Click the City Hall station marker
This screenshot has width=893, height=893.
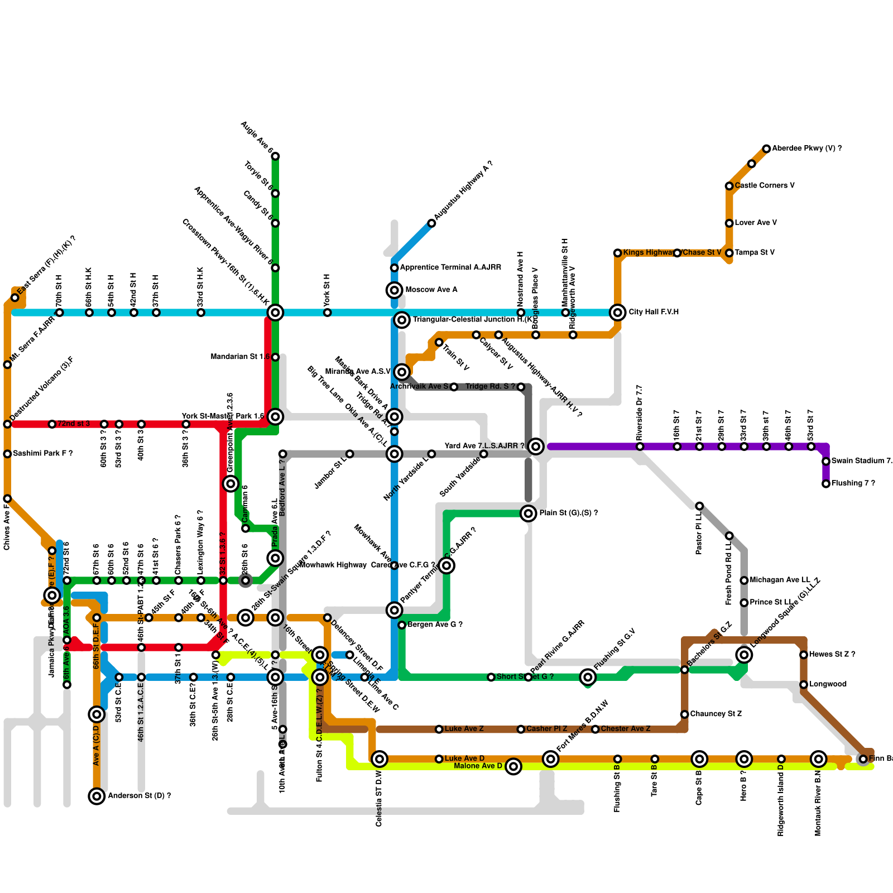tap(617, 313)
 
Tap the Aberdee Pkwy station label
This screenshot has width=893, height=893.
tap(806, 148)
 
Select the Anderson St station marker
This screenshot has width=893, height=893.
tap(97, 796)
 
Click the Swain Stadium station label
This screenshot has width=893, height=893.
tap(861, 461)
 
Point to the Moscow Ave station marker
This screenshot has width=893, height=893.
tap(394, 290)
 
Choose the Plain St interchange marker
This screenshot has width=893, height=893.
tap(528, 513)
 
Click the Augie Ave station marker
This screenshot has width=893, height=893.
tap(275, 156)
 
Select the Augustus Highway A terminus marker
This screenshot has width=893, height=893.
tap(431, 223)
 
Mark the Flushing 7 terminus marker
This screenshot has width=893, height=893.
tap(826, 484)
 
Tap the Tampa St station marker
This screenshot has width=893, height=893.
tap(729, 253)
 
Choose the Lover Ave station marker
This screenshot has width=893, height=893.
tap(729, 223)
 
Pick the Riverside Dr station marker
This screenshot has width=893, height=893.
tap(640, 446)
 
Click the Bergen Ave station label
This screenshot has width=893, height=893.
tap(435, 625)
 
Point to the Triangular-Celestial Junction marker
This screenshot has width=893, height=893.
tap(402, 320)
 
